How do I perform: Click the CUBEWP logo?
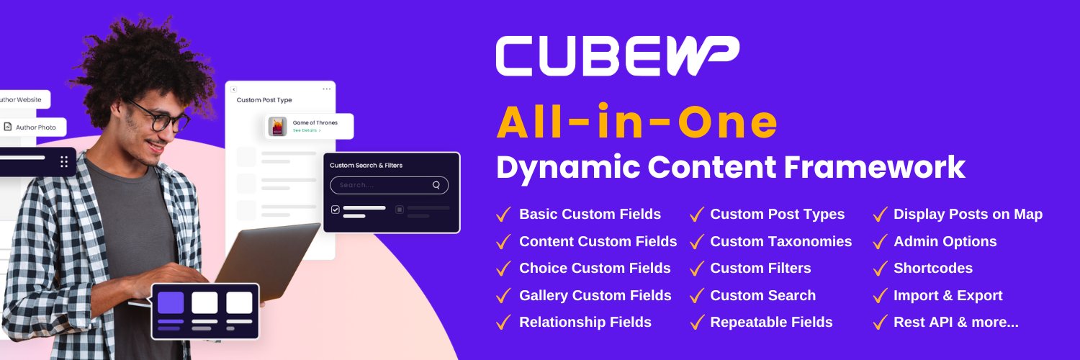point(617,55)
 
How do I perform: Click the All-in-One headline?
point(637,124)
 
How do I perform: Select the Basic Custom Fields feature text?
point(590,214)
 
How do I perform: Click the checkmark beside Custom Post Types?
point(696,215)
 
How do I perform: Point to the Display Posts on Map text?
point(968,214)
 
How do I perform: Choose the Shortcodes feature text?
point(932,268)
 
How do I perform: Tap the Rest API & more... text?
point(955,322)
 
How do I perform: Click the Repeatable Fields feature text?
point(771,322)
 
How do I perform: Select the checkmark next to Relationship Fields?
point(504,323)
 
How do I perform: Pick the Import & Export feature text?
point(948,295)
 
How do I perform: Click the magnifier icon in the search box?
point(436,185)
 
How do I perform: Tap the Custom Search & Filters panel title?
point(366,165)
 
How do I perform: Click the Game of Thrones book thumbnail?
point(278,127)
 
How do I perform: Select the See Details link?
point(306,131)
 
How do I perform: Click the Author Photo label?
point(35,127)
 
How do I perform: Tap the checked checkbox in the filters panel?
point(335,210)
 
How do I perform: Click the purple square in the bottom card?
point(171,302)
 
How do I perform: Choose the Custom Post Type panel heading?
point(264,100)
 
